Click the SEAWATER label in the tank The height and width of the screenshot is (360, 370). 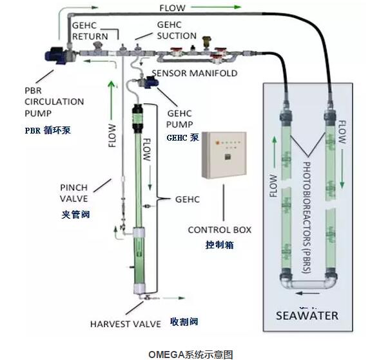point(306,315)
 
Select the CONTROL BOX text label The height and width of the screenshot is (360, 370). point(219,230)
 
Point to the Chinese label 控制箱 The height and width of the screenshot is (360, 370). point(219,245)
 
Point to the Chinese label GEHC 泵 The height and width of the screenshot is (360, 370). point(182,137)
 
